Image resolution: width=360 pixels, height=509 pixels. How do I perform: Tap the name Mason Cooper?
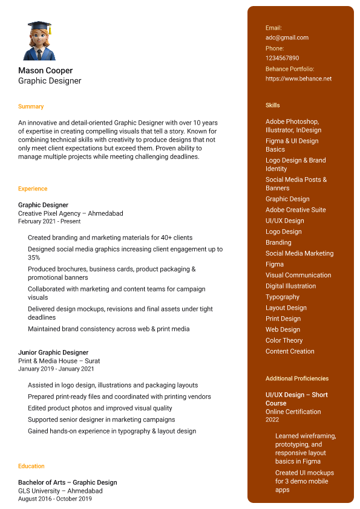coord(45,71)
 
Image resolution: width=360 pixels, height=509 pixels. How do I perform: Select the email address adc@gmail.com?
coord(287,37)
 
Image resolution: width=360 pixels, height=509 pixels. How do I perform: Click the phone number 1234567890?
coord(282,58)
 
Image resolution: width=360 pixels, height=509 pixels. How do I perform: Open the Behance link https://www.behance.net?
coord(298,79)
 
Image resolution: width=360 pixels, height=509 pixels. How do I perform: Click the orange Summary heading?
coord(31,106)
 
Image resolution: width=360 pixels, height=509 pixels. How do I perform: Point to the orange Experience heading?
coord(33,189)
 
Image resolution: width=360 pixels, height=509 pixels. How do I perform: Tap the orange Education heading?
coord(31,466)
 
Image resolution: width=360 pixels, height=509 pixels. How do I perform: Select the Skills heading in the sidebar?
coord(273,105)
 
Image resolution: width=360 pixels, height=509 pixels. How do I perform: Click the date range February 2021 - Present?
coord(49,221)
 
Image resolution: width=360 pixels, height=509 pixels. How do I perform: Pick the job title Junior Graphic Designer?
coord(53,352)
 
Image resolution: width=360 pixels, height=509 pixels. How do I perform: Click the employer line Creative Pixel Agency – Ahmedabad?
coord(70,213)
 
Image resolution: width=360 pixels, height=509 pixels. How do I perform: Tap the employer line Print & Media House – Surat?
coord(59,361)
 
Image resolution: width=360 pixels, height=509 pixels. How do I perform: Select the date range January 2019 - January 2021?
coord(56,369)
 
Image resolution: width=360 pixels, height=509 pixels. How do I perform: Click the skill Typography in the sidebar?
coord(283,297)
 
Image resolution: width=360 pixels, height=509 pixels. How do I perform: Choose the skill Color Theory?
coord(284,340)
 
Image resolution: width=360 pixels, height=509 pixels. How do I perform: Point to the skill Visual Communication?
coord(298,275)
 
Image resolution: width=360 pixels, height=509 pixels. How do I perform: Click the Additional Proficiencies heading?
coord(297,378)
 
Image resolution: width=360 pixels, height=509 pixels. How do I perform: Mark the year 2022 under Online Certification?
coord(272,420)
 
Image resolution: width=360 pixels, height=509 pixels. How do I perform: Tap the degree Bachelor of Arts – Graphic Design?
coord(68,482)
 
